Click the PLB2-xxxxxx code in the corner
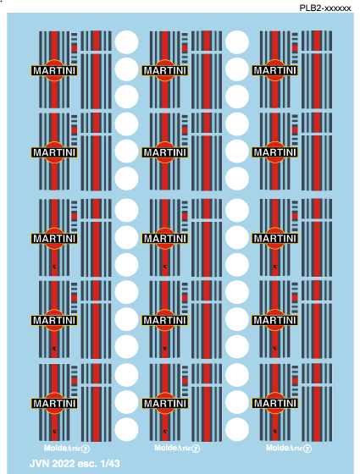click(325, 8)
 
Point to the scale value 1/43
click(110, 464)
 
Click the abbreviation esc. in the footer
click(88, 464)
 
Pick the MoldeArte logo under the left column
click(67, 448)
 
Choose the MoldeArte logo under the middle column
click(177, 448)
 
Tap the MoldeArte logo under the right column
click(289, 448)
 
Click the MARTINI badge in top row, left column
click(54, 71)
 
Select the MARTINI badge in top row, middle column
click(165, 71)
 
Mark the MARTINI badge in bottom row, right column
click(275, 403)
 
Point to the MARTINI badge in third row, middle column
click(165, 239)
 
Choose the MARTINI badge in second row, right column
click(275, 152)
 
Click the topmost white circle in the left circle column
click(126, 42)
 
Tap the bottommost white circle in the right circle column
click(237, 430)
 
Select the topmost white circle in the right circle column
click(237, 42)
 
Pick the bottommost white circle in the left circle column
click(126, 430)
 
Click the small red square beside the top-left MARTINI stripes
click(75, 48)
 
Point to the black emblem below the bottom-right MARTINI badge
click(275, 432)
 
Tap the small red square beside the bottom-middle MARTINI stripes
click(185, 381)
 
